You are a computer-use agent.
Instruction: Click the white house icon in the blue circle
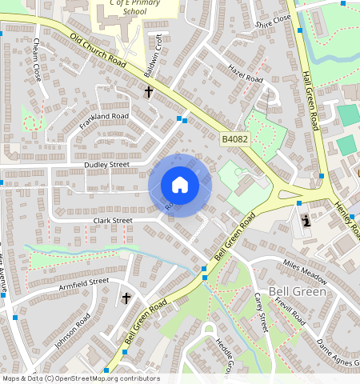[x=180, y=185]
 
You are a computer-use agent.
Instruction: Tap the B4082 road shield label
[x=234, y=139]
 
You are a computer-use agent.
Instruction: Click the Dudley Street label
[x=106, y=165]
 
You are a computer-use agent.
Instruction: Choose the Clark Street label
[x=112, y=220]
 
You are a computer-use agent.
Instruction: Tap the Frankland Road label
[x=104, y=117]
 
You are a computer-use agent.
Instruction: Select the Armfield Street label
[x=83, y=282]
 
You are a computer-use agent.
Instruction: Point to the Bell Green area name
[x=298, y=291]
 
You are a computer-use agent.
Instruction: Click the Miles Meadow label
[x=305, y=270]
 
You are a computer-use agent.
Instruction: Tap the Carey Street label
[x=260, y=310]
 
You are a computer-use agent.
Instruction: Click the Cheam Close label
[x=37, y=62]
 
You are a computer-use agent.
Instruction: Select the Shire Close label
[x=274, y=22]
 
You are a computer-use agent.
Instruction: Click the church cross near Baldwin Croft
[x=148, y=92]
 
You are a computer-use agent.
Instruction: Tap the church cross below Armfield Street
[x=126, y=298]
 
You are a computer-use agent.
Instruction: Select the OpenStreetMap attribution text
[x=81, y=378]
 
